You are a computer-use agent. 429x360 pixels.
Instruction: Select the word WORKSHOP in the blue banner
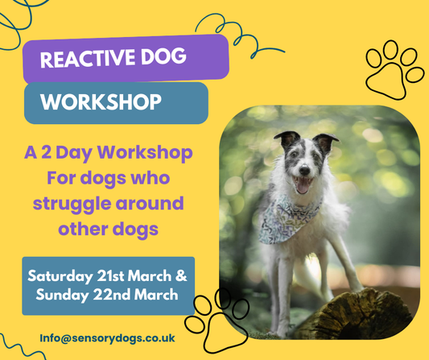pyautogui.click(x=100, y=103)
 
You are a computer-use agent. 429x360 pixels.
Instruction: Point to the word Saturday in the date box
pyautogui.click(x=63, y=275)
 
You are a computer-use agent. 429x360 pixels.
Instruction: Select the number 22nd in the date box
pyautogui.click(x=122, y=296)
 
